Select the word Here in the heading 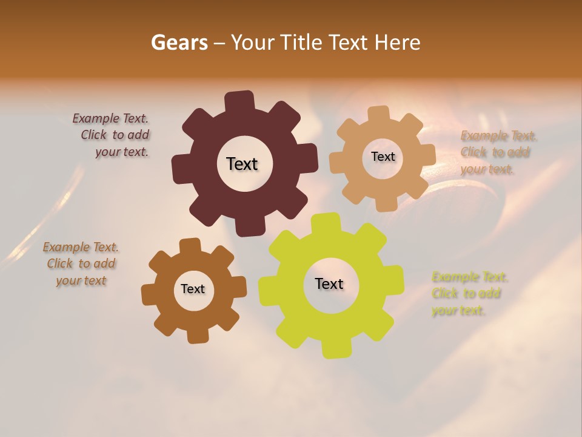click(397, 42)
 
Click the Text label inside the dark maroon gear click(242, 164)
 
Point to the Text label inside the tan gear click(383, 157)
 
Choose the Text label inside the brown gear click(193, 289)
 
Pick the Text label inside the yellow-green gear click(329, 283)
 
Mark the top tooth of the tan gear click(378, 113)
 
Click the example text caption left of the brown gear click(81, 264)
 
